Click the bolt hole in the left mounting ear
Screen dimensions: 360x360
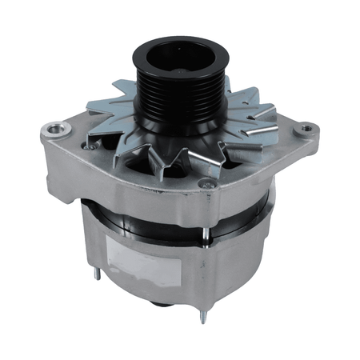(54, 128)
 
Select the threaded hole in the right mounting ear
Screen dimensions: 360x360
(306, 127)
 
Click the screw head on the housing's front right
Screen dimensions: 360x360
(211, 186)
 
